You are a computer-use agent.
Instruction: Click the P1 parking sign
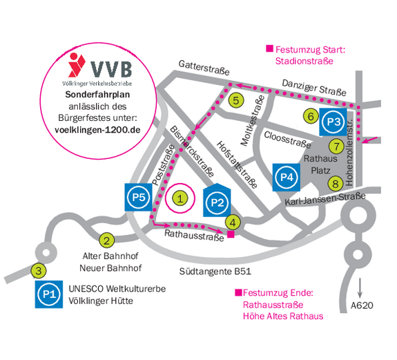[49, 294]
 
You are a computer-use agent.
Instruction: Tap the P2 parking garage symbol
[217, 200]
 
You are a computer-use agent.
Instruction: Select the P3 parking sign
[333, 122]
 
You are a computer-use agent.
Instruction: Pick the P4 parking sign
[287, 178]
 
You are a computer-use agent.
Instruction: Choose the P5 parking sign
[139, 198]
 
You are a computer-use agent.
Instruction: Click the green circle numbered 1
[180, 198]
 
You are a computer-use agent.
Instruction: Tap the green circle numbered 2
[106, 240]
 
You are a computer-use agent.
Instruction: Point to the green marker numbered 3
[39, 271]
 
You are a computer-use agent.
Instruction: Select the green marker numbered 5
[236, 100]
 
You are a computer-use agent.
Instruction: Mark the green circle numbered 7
[336, 146]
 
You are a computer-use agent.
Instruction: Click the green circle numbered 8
[336, 183]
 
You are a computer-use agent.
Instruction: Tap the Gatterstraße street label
[204, 68]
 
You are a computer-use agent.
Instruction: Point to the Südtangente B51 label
[215, 272]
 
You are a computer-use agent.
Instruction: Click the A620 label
[362, 305]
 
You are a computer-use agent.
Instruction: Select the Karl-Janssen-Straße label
[325, 199]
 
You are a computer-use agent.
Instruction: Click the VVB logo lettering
[111, 69]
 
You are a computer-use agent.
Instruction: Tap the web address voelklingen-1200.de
[97, 130]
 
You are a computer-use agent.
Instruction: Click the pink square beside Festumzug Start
[270, 48]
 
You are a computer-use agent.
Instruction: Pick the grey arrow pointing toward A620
[360, 288]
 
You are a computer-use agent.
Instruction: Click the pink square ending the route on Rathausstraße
[231, 234]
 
